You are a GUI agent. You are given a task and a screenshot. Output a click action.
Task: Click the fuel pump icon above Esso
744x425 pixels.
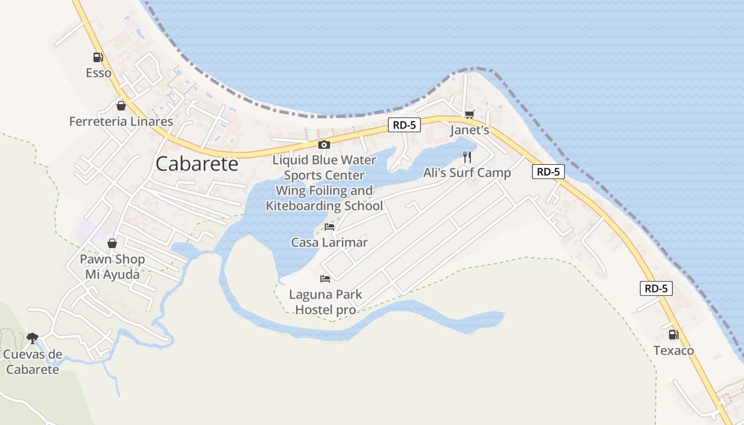pos(98,57)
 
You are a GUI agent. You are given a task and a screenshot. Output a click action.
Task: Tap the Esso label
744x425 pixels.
pos(99,73)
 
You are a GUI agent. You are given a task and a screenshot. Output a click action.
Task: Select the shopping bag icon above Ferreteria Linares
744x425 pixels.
pos(121,106)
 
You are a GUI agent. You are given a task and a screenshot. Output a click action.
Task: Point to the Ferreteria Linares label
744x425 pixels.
pos(121,122)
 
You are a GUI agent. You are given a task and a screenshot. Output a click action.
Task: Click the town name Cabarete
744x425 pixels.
pos(197,164)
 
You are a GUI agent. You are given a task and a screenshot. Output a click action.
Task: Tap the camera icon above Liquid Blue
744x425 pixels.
pos(324,144)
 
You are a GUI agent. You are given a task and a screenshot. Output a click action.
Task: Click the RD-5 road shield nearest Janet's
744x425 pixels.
pos(404,125)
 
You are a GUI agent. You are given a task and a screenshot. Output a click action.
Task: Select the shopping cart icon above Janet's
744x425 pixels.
pos(469,114)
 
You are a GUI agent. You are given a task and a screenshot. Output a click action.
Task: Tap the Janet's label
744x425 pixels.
pos(469,130)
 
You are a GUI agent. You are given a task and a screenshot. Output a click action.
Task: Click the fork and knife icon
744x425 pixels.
pos(467,157)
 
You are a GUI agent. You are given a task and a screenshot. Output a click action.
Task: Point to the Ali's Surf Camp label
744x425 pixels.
pos(467,173)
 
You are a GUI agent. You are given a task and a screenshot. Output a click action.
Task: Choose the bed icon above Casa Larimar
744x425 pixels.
pos(329,227)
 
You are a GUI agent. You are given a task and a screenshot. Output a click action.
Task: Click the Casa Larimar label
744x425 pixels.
pos(329,243)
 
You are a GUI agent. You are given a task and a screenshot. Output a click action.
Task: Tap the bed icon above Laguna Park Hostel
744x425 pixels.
pos(325,278)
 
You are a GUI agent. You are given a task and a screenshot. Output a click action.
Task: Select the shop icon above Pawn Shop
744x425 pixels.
pos(112,243)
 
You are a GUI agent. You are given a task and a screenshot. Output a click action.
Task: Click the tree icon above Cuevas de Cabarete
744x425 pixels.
pos(32,338)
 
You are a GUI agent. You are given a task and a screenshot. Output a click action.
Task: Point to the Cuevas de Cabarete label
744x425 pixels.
pos(32,362)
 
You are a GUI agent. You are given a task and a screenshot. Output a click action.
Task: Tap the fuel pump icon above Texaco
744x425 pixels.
pos(673,335)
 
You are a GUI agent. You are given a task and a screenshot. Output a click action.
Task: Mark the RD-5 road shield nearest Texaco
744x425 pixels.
pos(656,288)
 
